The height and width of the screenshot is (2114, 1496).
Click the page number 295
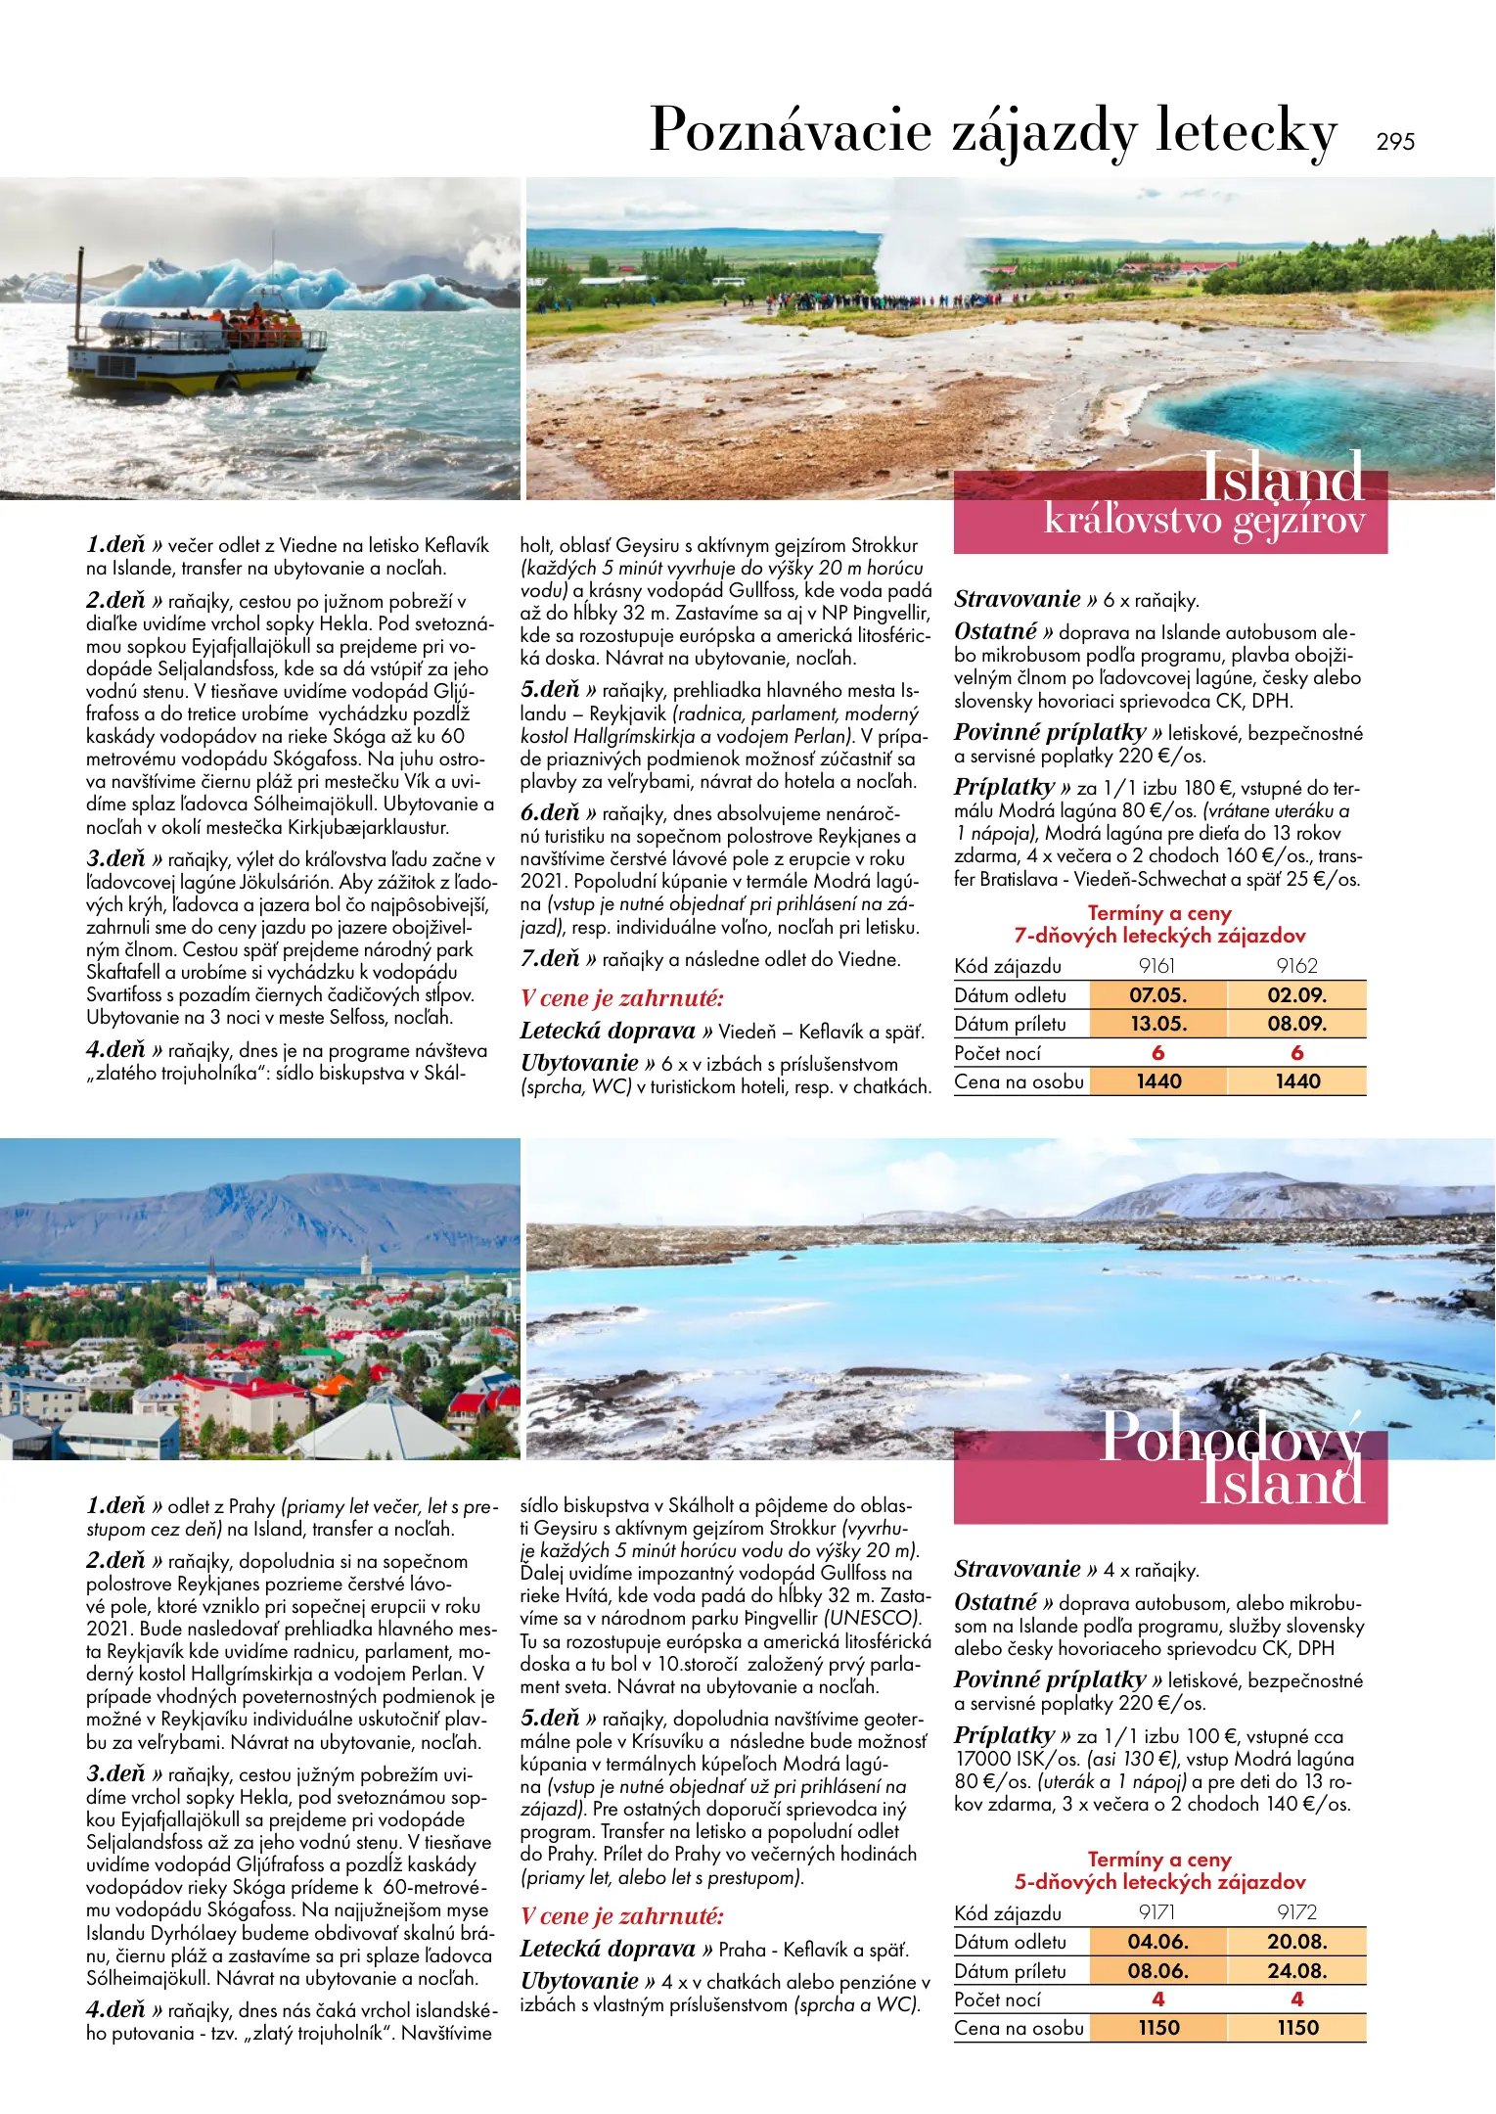[x=1394, y=142]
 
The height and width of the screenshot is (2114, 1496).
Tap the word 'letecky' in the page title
[x=1246, y=131]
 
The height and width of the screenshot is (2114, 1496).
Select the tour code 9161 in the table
[x=1156, y=966]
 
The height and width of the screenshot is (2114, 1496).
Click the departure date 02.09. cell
[x=1296, y=995]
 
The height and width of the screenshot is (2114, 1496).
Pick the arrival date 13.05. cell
[x=1157, y=1024]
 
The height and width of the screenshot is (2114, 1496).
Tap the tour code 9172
[x=1296, y=1912]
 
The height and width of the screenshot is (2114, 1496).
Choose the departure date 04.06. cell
[x=1157, y=1942]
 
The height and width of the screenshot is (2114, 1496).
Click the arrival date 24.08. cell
[x=1296, y=1971]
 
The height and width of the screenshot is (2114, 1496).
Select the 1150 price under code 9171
[x=1157, y=2028]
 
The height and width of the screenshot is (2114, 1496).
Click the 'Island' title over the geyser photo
[x=1281, y=478]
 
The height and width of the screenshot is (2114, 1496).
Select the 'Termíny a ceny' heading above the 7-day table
[x=1159, y=913]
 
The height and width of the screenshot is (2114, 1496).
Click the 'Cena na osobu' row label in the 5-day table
[x=1019, y=2028]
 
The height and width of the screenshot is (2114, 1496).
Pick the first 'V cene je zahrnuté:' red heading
[x=621, y=998]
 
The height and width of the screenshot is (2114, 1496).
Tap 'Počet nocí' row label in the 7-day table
[x=997, y=1053]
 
